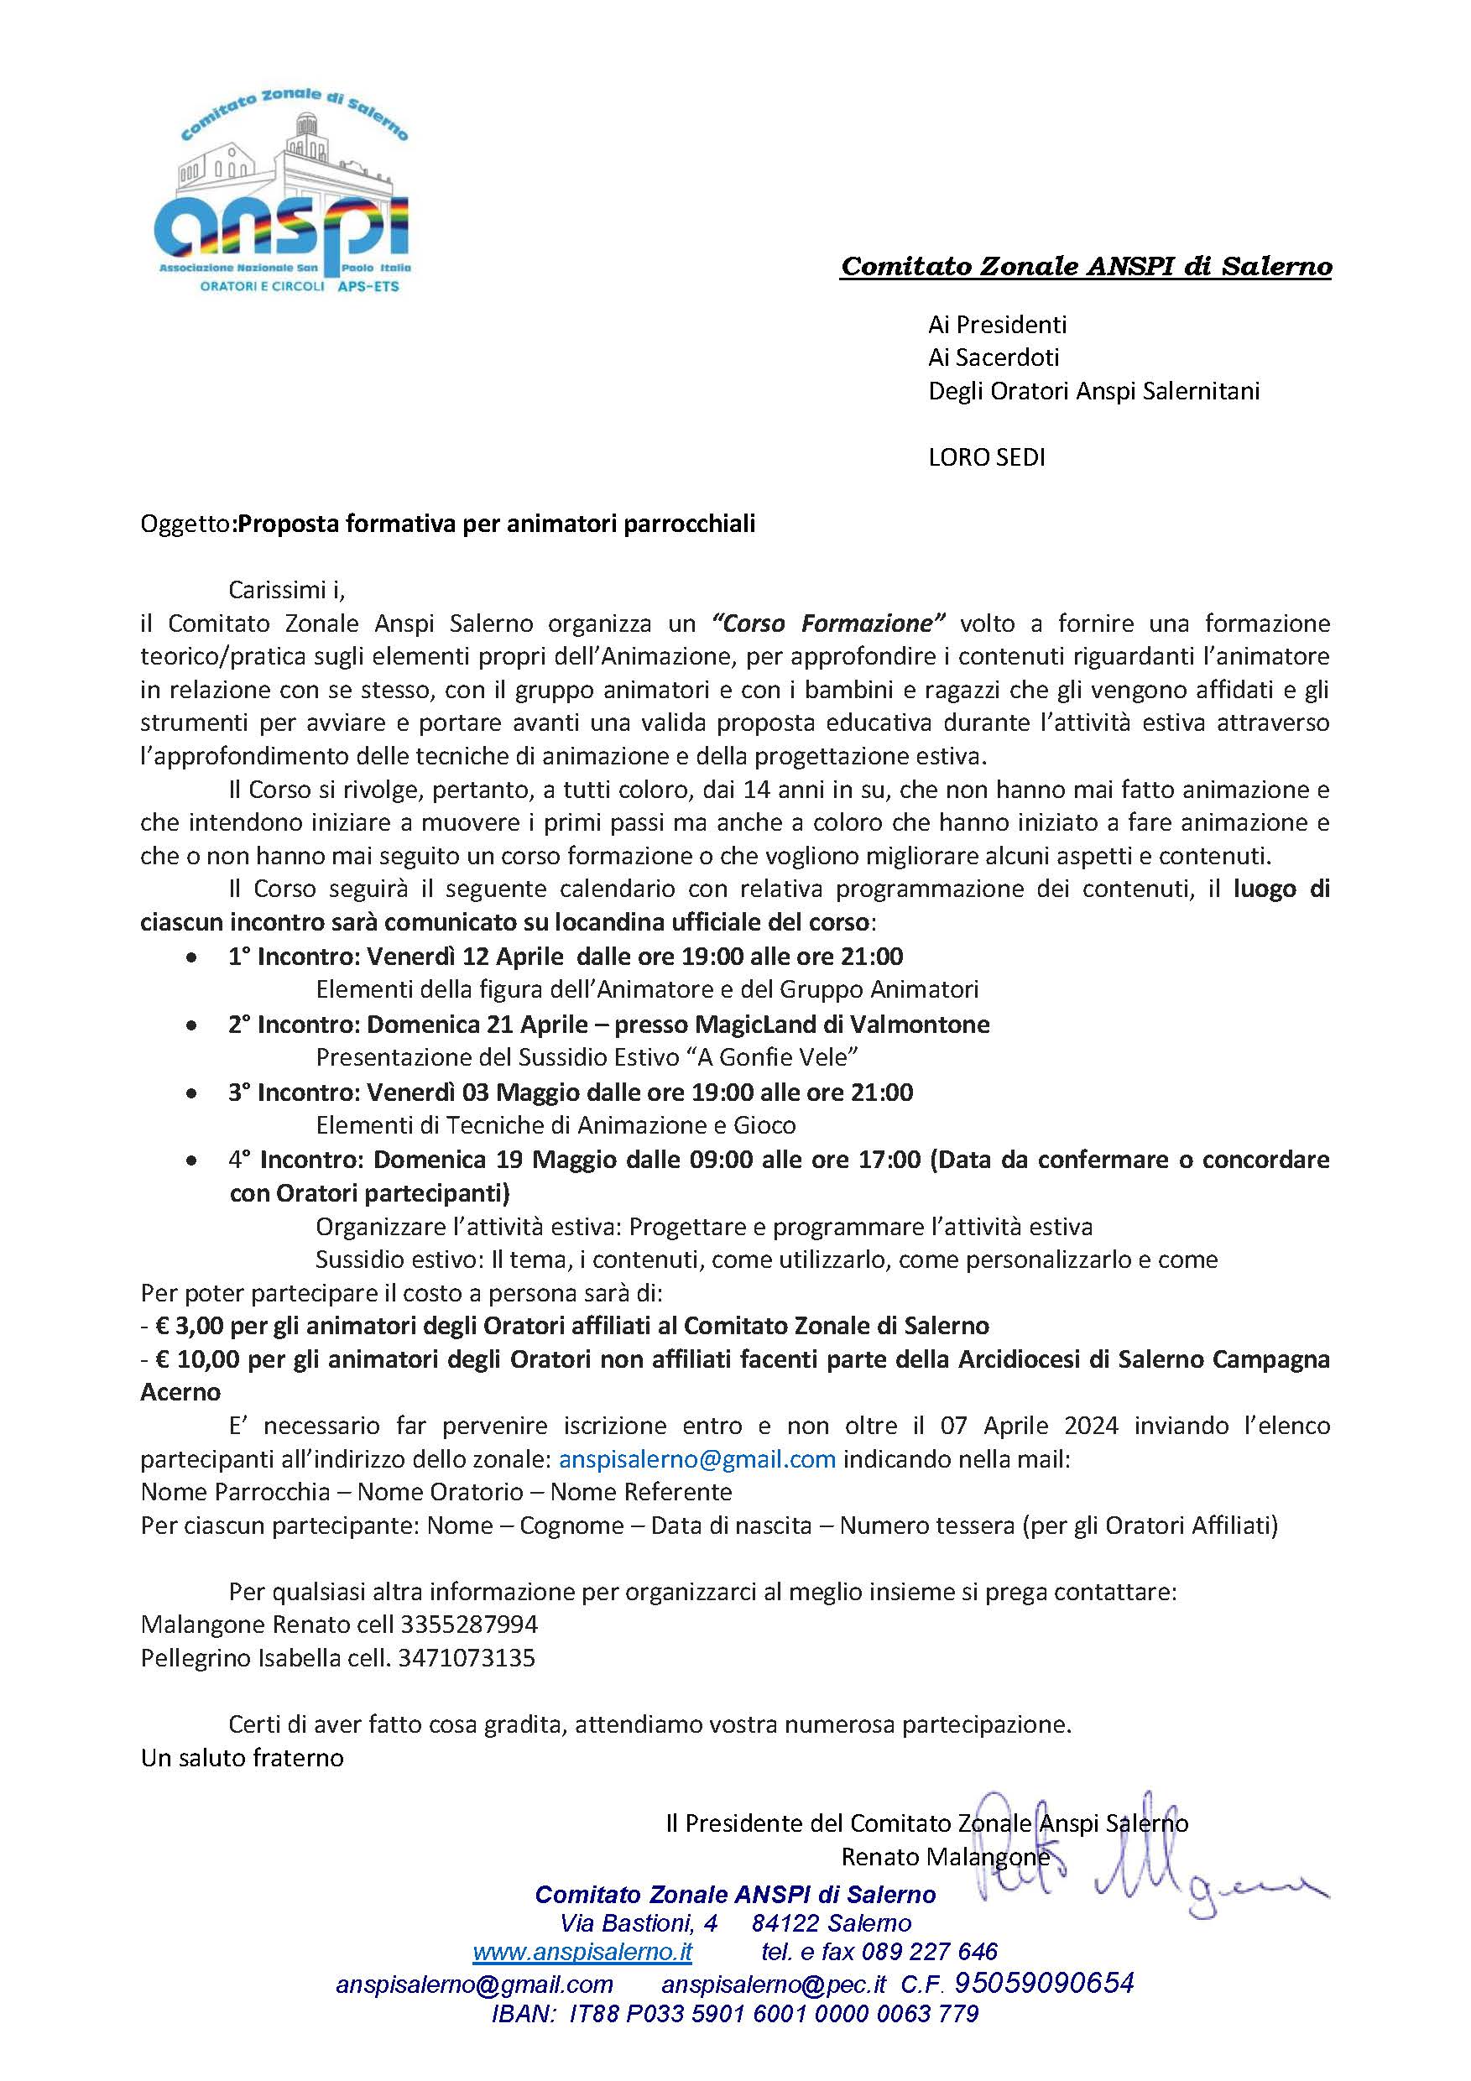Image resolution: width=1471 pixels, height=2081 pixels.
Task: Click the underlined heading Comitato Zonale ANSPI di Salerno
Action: click(1086, 267)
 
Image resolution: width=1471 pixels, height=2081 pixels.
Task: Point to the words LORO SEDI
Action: click(986, 457)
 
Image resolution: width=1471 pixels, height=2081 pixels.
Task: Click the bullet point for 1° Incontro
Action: click(190, 957)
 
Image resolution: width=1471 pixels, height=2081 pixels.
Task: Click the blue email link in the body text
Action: click(697, 1459)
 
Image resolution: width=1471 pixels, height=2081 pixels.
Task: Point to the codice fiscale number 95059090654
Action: click(1044, 1983)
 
